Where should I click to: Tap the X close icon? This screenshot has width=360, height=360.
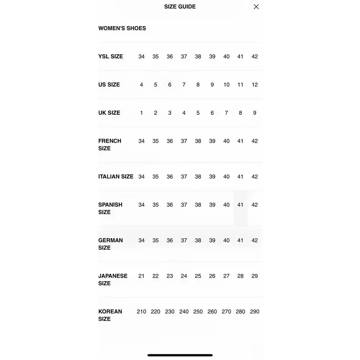pyautogui.click(x=256, y=6)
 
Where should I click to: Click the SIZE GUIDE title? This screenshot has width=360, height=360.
pyautogui.click(x=180, y=6)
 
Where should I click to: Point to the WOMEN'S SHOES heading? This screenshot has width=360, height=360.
pyautogui.click(x=122, y=28)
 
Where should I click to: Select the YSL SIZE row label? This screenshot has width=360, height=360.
pyautogui.click(x=111, y=57)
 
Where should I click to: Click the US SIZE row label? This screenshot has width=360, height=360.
pyautogui.click(x=109, y=85)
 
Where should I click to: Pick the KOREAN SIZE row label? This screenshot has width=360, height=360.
pyautogui.click(x=110, y=315)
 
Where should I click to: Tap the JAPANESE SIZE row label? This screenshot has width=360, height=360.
pyautogui.click(x=113, y=279)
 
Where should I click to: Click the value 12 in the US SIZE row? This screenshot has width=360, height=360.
pyautogui.click(x=255, y=85)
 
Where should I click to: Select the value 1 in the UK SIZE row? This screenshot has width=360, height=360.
pyautogui.click(x=141, y=113)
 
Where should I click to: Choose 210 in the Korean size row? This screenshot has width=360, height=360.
pyautogui.click(x=141, y=312)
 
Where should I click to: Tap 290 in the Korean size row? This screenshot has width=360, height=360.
pyautogui.click(x=255, y=312)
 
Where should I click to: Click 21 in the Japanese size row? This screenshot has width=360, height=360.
pyautogui.click(x=141, y=276)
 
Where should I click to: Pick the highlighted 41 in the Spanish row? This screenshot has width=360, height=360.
pyautogui.click(x=240, y=205)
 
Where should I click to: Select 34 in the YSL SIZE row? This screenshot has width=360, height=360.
pyautogui.click(x=141, y=57)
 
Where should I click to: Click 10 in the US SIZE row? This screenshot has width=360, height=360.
pyautogui.click(x=226, y=85)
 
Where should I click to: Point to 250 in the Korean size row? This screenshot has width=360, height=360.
pyautogui.click(x=198, y=312)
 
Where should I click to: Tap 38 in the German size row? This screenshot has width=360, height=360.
pyautogui.click(x=198, y=240)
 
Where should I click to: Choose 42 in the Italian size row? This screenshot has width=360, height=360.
pyautogui.click(x=255, y=177)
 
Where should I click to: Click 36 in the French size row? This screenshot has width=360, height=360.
pyautogui.click(x=170, y=141)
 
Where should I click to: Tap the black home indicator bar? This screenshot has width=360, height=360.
pyautogui.click(x=180, y=355)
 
